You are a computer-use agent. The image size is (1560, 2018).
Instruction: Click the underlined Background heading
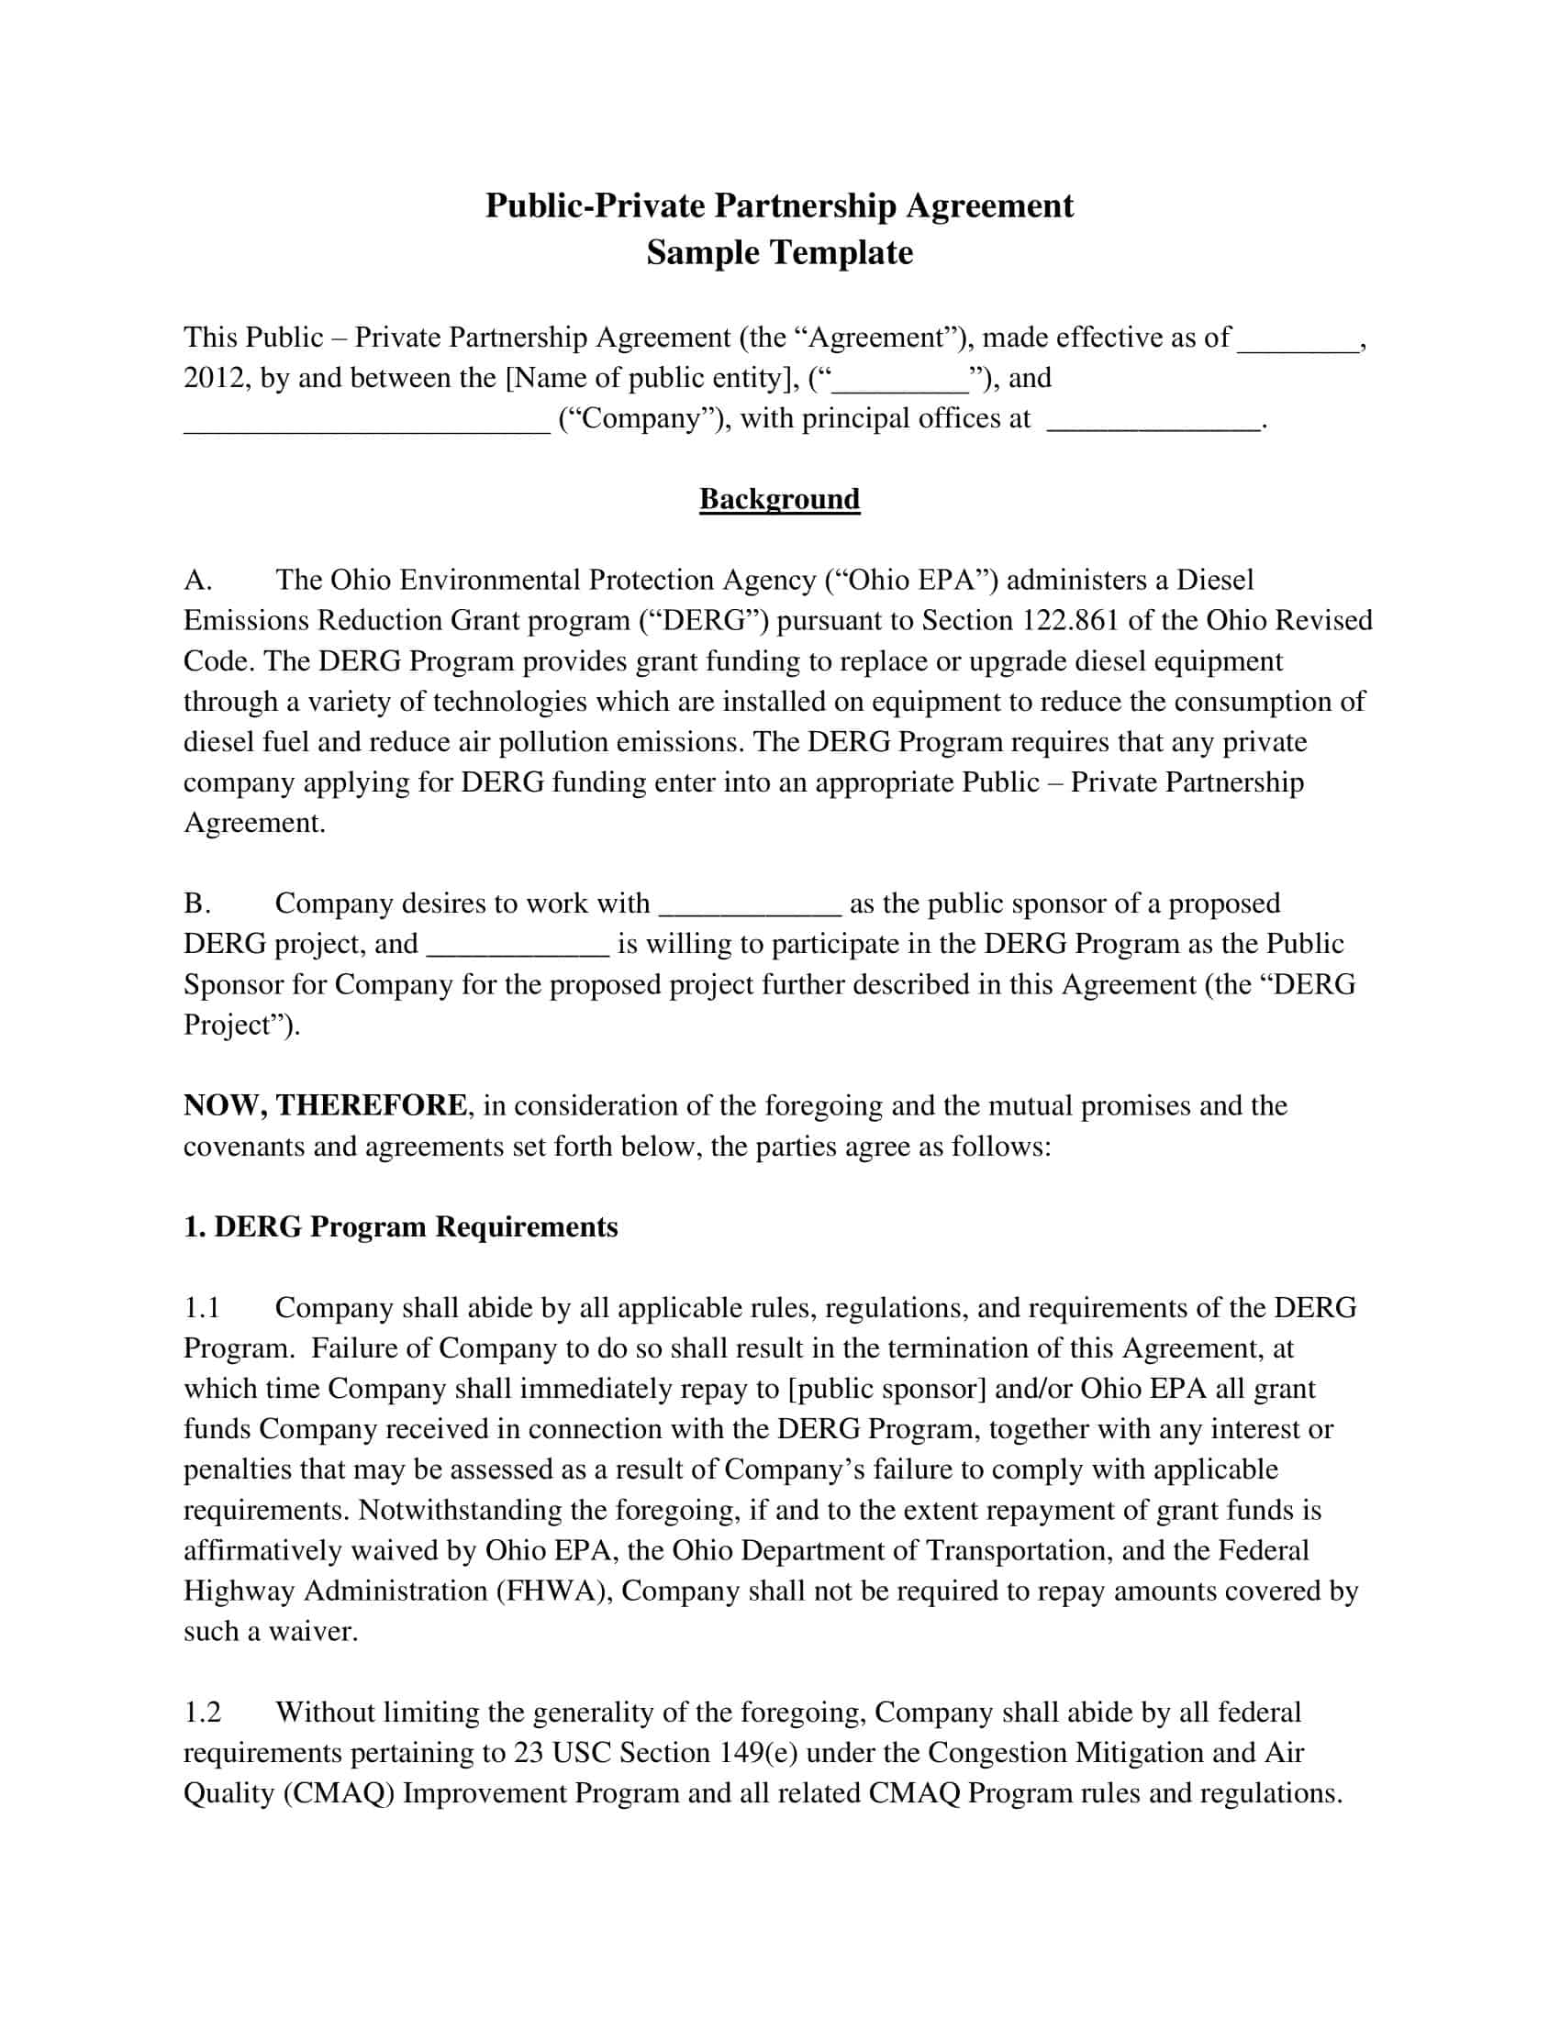point(779,499)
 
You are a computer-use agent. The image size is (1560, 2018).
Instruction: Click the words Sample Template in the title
point(779,252)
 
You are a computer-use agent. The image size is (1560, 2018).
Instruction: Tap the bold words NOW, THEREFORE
point(326,1105)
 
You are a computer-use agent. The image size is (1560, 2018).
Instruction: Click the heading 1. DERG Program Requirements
point(400,1227)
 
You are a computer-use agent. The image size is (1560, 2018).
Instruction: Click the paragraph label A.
point(198,581)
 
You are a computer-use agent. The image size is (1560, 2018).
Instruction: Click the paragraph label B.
point(197,903)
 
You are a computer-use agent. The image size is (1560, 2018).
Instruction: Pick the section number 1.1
point(202,1307)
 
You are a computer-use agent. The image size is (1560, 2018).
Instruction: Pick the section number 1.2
point(203,1713)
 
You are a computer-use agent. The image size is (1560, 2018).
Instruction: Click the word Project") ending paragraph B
point(242,1025)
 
